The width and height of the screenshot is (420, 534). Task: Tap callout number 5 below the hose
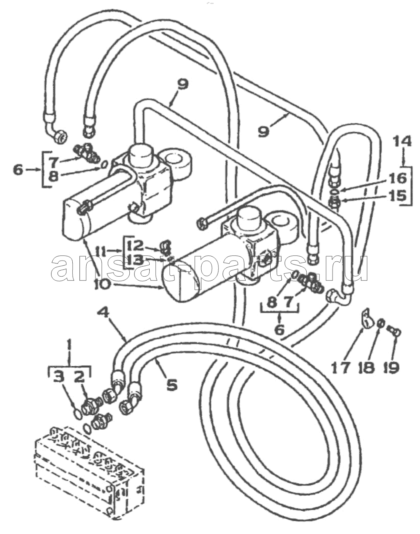(x=171, y=385)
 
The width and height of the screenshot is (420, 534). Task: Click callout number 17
(x=341, y=367)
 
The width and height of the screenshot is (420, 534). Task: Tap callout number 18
(x=367, y=367)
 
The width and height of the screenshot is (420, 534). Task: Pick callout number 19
(x=391, y=367)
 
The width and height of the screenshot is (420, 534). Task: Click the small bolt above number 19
(x=394, y=331)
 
